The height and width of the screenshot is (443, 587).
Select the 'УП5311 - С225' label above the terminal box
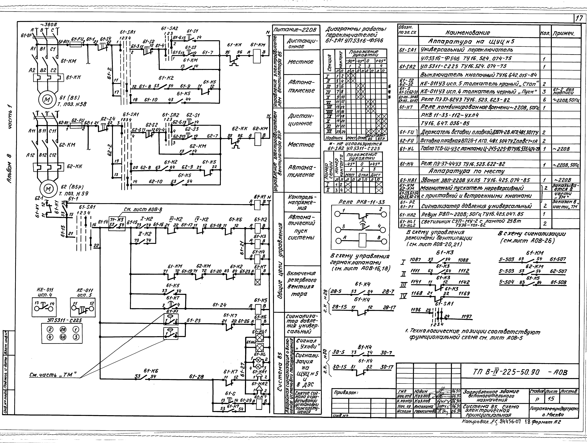click(x=61, y=320)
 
